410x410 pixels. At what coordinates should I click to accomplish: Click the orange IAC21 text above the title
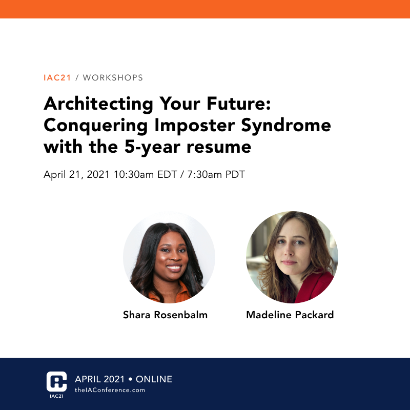tap(57, 78)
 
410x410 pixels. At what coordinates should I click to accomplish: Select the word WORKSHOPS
tap(113, 78)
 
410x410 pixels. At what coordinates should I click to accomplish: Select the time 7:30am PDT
tap(215, 174)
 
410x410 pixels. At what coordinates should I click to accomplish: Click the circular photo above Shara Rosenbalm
tap(169, 257)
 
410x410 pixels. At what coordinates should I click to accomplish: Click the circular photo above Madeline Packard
tap(292, 257)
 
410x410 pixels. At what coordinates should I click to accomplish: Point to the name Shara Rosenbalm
tap(165, 315)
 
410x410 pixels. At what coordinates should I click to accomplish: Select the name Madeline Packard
tap(290, 315)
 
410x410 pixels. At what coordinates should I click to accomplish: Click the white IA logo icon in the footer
tap(56, 381)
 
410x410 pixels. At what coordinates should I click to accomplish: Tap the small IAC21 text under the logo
tap(56, 396)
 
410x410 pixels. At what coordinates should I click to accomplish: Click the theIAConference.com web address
tap(110, 391)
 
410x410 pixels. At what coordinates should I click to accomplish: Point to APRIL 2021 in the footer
tap(99, 379)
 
